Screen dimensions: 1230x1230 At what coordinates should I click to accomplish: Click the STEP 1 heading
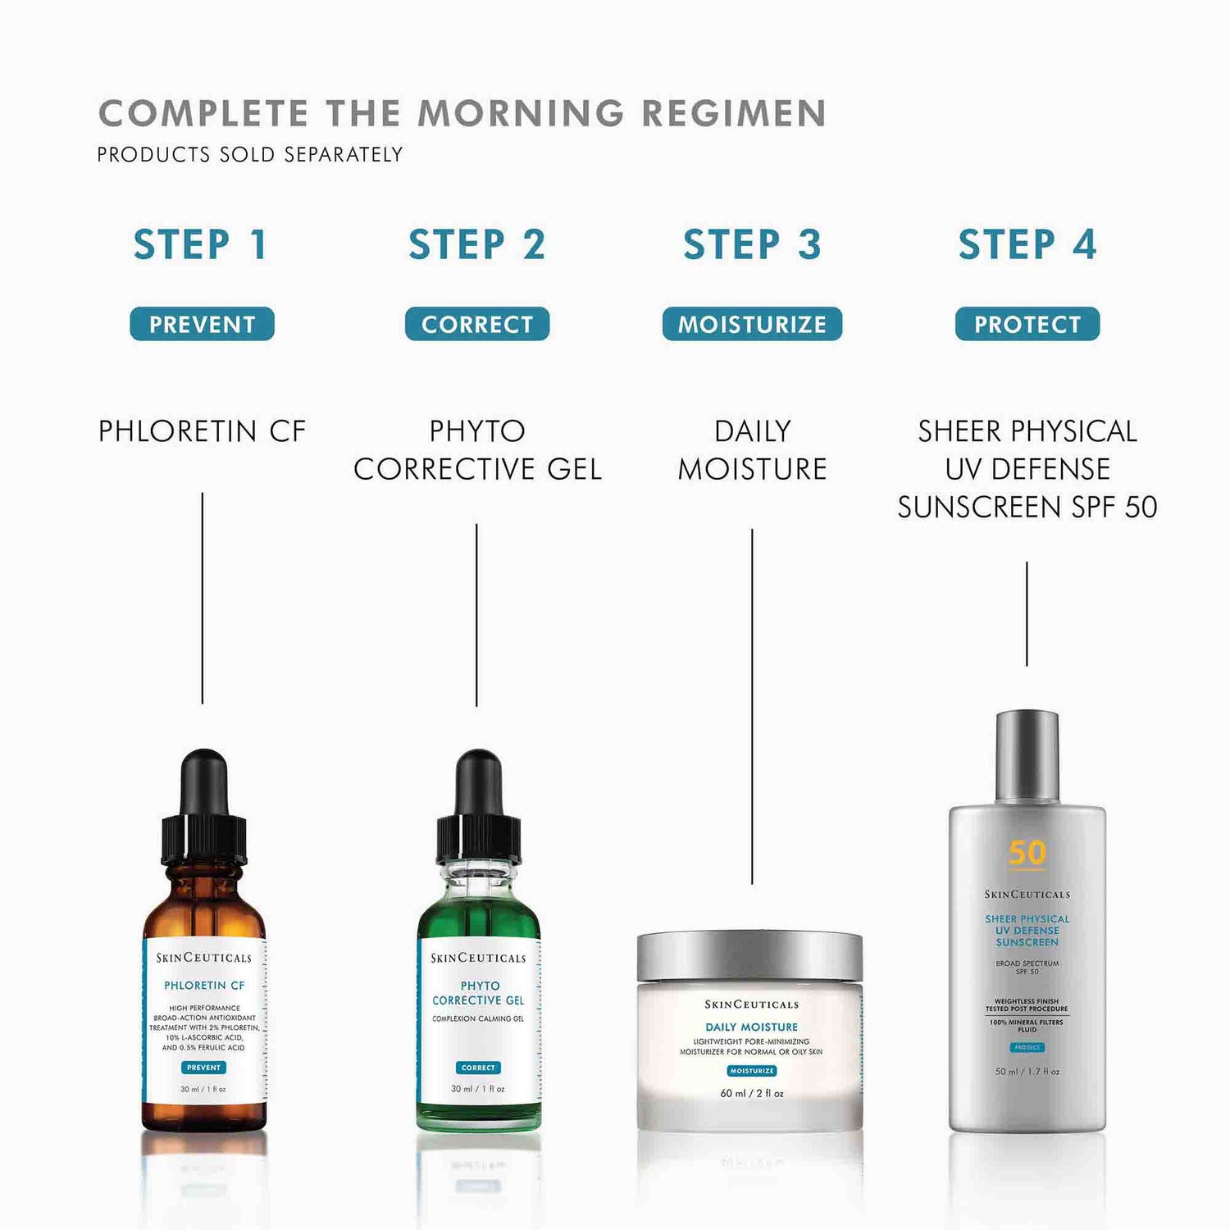pyautogui.click(x=201, y=245)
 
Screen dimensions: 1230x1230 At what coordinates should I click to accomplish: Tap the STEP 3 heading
pyautogui.click(x=752, y=245)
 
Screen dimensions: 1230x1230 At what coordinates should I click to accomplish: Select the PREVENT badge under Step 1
pyautogui.click(x=202, y=324)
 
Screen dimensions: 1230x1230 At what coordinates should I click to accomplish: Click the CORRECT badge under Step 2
pyautogui.click(x=477, y=324)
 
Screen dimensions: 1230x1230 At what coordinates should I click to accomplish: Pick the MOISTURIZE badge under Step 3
pyautogui.click(x=752, y=324)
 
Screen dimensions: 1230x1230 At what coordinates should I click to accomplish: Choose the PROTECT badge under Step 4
pyautogui.click(x=1027, y=324)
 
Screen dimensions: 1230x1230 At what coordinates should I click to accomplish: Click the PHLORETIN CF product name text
pyautogui.click(x=202, y=431)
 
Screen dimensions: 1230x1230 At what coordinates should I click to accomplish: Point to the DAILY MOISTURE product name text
pyautogui.click(x=752, y=449)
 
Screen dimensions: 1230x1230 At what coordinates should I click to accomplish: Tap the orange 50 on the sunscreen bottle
pyautogui.click(x=1027, y=853)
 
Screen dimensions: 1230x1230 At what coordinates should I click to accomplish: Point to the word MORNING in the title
pyautogui.click(x=525, y=114)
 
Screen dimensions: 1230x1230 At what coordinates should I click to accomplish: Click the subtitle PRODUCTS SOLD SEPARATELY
pyautogui.click(x=250, y=154)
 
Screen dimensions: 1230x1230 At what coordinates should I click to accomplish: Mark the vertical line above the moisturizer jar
pyautogui.click(x=752, y=705)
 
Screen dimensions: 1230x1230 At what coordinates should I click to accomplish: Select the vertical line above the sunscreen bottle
pyautogui.click(x=1027, y=613)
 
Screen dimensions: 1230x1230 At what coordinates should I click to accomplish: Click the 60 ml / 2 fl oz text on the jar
pyautogui.click(x=752, y=1093)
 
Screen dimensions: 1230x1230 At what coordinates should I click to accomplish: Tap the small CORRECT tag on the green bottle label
pyautogui.click(x=478, y=1068)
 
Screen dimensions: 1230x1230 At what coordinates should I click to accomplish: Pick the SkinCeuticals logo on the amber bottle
pyautogui.click(x=204, y=958)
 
